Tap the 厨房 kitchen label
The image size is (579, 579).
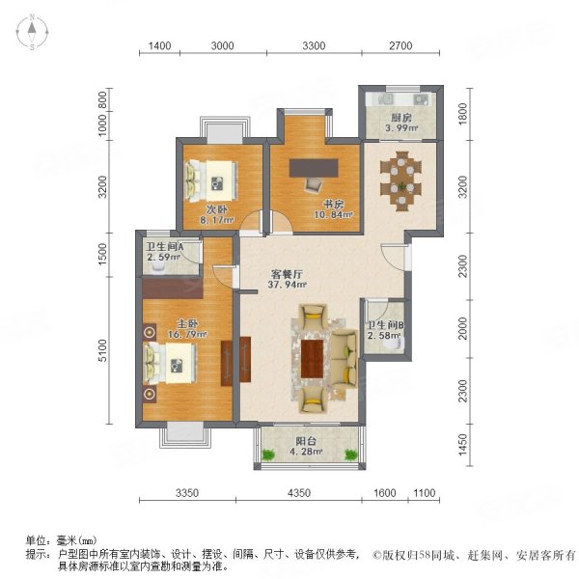(x=399, y=116)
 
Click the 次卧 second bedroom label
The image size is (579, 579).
(x=214, y=208)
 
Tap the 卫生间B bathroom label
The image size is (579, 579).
(x=383, y=325)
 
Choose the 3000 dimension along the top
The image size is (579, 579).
(x=222, y=45)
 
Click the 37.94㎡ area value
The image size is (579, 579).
(x=287, y=286)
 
